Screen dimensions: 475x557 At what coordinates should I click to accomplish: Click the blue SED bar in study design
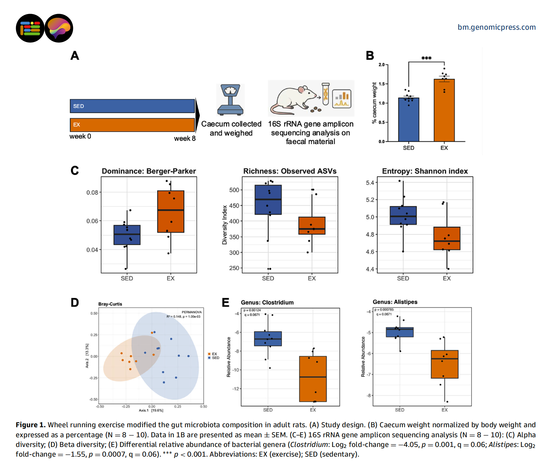pos(132,106)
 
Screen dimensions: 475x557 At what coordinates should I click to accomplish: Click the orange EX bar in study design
pos(132,125)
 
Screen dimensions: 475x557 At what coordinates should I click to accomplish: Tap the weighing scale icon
pos(230,100)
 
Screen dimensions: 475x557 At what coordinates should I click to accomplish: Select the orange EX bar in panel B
pos(444,110)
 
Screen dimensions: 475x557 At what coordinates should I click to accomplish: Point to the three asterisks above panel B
pos(426,58)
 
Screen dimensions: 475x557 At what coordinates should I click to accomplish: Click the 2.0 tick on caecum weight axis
pos(382,64)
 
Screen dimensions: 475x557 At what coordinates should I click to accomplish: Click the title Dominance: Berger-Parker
pos(149,171)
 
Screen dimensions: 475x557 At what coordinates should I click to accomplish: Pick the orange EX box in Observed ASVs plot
pos(312,226)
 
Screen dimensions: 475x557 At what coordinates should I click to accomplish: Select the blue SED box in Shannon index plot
pos(403,215)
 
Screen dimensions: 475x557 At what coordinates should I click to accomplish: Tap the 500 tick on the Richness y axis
pos(234,190)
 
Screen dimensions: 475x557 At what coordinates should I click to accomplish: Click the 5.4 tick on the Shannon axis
pos(370,183)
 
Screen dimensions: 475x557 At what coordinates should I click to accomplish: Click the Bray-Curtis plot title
pos(110,304)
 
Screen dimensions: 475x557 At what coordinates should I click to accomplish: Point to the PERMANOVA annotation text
pos(191,312)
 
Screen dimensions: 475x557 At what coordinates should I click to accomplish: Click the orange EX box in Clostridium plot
pos(313,379)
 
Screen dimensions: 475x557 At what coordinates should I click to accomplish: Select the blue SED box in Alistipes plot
pos(400,332)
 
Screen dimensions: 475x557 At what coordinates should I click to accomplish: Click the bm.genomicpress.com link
pos(496,27)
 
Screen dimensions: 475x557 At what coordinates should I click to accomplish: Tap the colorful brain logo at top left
pos(59,28)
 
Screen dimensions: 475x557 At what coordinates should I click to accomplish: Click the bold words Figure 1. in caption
pos(30,425)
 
